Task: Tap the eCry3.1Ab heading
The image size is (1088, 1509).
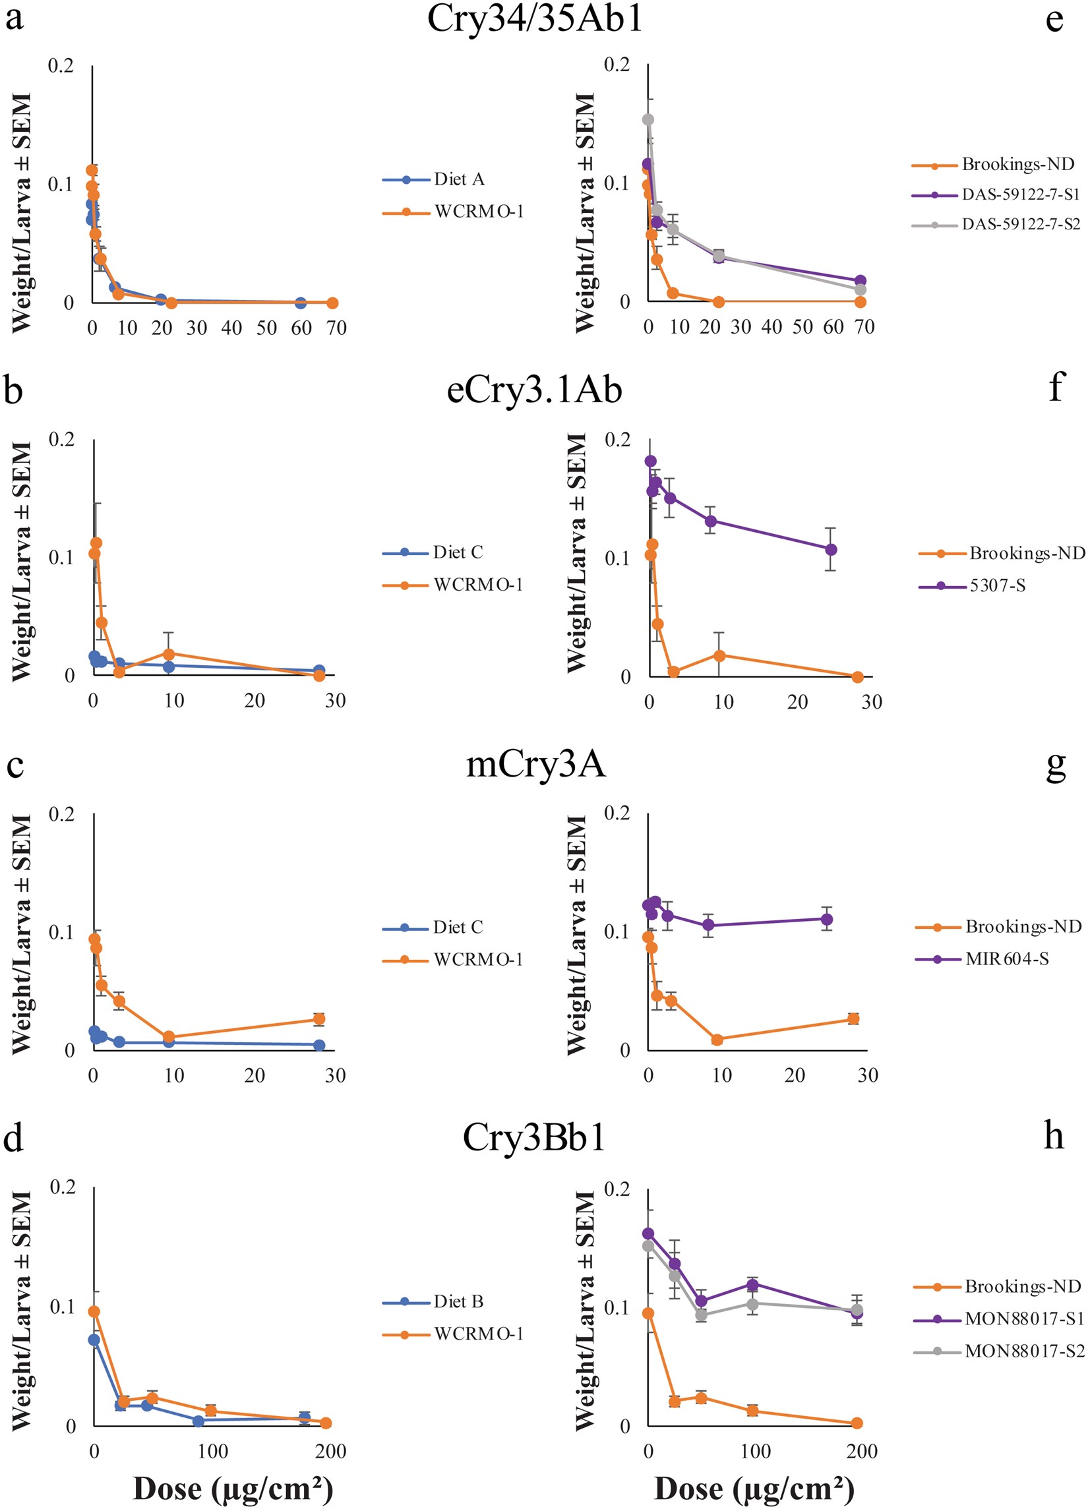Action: [534, 389]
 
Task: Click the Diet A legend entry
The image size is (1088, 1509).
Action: [458, 179]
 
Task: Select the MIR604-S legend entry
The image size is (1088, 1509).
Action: [1007, 959]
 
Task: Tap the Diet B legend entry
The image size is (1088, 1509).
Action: [458, 1301]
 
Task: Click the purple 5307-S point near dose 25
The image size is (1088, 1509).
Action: [830, 550]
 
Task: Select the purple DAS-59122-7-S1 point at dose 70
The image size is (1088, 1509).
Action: [860, 281]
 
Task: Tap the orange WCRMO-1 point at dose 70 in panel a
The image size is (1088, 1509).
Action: [333, 303]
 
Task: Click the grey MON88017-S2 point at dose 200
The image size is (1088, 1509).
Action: [857, 1309]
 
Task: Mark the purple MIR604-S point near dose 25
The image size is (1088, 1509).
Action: [826, 920]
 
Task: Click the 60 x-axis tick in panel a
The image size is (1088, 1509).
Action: [301, 328]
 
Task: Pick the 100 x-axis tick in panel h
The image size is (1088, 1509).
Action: [755, 1451]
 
